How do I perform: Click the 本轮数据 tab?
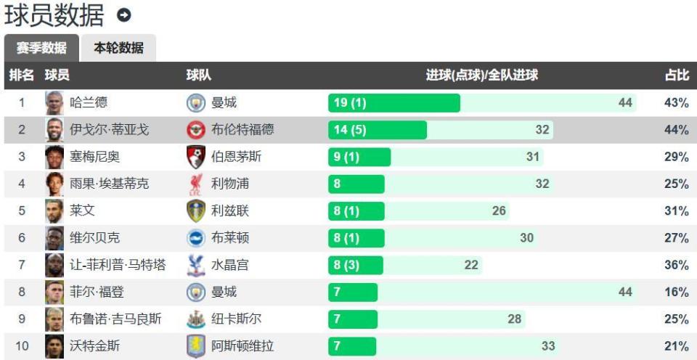click(x=118, y=49)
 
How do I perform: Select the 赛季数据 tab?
click(x=41, y=49)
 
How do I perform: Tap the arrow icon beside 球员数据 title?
click(x=124, y=15)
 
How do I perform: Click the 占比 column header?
click(x=676, y=75)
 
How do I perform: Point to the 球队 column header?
click(x=198, y=75)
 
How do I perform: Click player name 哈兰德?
click(x=89, y=103)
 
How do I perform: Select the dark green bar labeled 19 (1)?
click(x=394, y=103)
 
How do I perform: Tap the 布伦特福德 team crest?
click(x=197, y=130)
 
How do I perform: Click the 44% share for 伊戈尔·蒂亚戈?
click(x=676, y=130)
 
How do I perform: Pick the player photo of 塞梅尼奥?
click(x=54, y=157)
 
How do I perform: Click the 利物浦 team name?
click(x=230, y=184)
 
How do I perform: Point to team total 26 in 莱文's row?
click(x=499, y=211)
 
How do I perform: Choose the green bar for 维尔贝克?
click(x=356, y=238)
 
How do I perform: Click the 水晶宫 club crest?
click(x=197, y=265)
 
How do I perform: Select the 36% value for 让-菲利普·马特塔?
click(x=676, y=265)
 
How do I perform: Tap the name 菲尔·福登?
click(x=97, y=292)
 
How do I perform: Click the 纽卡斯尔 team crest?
click(x=197, y=319)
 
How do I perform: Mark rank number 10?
click(x=22, y=346)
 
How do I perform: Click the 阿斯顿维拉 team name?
click(x=242, y=346)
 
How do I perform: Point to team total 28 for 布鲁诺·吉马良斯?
click(x=515, y=319)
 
